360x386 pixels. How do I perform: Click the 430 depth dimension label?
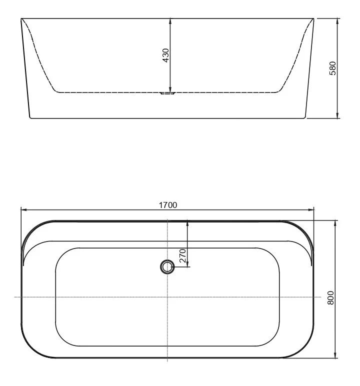point(166,55)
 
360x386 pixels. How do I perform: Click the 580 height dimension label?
point(332,68)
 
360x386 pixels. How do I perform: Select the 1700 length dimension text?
point(167,205)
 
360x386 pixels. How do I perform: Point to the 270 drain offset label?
point(182,255)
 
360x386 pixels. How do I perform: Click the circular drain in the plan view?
point(167,267)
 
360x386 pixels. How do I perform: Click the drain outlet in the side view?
point(167,92)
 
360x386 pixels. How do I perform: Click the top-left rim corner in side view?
point(21,18)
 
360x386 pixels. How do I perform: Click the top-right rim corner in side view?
point(314,18)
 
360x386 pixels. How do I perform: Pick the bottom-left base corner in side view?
point(30,117)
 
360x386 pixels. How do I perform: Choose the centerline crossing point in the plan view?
point(167,297)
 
